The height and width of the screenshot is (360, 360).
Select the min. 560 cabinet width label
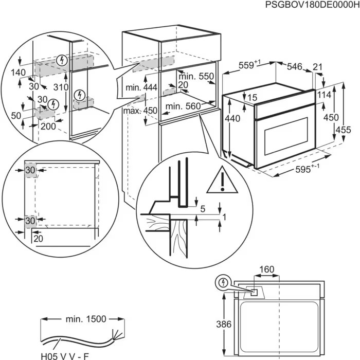182,106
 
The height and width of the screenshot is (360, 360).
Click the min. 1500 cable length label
85,319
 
